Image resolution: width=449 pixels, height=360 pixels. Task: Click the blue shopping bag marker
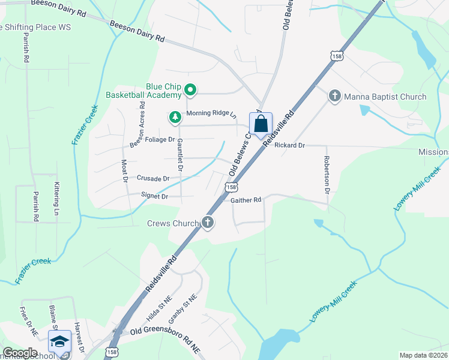[261, 124]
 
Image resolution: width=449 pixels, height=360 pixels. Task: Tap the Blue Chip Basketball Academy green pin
[190, 91]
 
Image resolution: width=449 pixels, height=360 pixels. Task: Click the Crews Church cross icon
[208, 223]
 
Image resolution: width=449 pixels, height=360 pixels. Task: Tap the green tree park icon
[175, 116]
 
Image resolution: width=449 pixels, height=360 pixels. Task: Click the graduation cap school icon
[59, 343]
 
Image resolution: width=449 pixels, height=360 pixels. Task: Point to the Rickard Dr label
[290, 145]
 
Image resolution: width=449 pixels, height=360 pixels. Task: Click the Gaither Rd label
[246, 200]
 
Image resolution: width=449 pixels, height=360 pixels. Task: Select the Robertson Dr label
[327, 175]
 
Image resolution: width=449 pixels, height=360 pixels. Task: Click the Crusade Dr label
[153, 178]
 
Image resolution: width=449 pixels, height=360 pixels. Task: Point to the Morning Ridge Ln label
[212, 113]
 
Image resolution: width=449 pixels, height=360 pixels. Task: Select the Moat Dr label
[125, 170]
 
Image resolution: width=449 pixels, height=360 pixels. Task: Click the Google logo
[20, 353]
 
